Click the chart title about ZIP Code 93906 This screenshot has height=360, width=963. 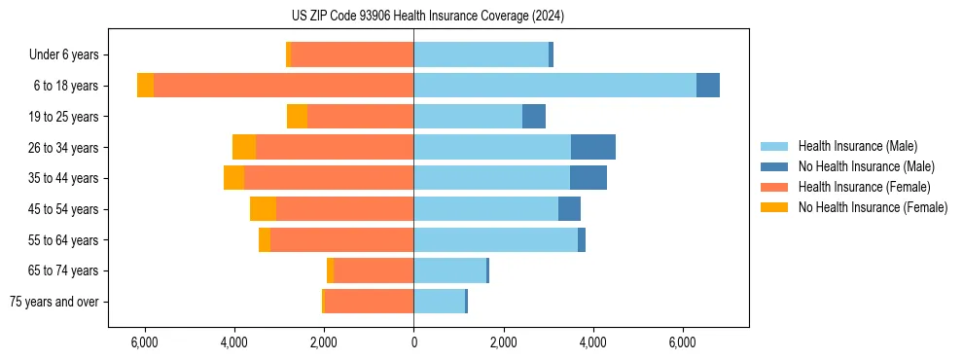(427, 17)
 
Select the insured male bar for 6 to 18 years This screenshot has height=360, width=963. (554, 86)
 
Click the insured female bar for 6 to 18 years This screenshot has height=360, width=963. (283, 86)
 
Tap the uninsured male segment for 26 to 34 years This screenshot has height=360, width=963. (592, 147)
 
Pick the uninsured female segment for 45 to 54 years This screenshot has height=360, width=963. (263, 209)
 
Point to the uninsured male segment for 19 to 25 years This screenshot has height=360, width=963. (533, 117)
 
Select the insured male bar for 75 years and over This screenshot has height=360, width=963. (439, 302)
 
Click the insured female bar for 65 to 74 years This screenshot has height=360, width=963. (374, 270)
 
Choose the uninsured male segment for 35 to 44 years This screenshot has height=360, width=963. (588, 178)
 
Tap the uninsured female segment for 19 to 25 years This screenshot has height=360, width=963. (297, 117)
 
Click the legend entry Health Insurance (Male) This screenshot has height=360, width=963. (856, 146)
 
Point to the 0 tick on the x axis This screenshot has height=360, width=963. (413, 342)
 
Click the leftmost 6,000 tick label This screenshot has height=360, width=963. (144, 342)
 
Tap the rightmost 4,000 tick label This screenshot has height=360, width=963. (592, 342)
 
